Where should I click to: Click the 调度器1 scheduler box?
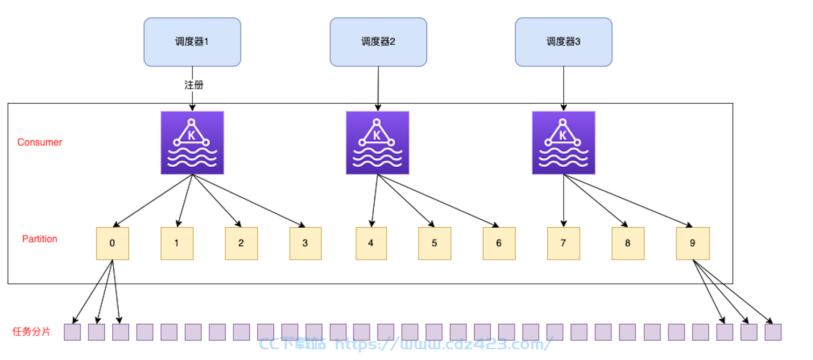coord(192,42)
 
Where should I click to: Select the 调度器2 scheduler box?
coord(378,42)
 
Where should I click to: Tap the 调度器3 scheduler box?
coord(564,42)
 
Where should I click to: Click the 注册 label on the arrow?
coord(194,85)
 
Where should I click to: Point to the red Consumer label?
coord(40,142)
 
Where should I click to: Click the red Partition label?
coord(40,239)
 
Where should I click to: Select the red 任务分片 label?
coord(31,332)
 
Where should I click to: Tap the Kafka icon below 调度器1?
coord(192,143)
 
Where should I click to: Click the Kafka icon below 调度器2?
coord(378,143)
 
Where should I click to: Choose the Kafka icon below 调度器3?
coord(564,143)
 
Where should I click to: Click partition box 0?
coord(113,243)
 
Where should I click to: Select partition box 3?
coord(306,243)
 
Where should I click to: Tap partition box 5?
coord(435,243)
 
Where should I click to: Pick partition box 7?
coord(564,243)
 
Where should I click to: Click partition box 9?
coord(693,243)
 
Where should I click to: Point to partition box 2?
coord(241,243)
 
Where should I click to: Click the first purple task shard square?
coord(72,332)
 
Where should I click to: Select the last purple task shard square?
coord(773,332)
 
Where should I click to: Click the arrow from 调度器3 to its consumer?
coord(564,89)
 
